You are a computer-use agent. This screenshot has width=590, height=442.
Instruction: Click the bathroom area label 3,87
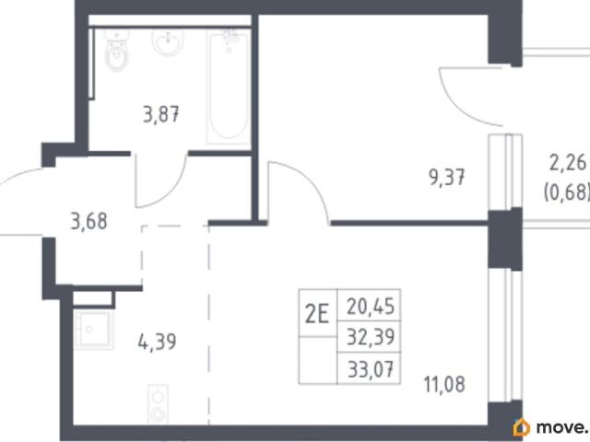coord(161,114)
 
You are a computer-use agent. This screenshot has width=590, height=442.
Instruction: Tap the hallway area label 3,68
coord(88,221)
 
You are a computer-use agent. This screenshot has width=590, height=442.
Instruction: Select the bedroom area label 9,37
coord(446,177)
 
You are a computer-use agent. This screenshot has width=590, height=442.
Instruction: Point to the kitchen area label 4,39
coord(157,342)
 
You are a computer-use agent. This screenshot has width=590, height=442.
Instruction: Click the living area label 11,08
coord(444,384)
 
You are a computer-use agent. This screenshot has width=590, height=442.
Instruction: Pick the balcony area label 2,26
coord(568,163)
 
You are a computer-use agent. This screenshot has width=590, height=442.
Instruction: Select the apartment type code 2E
coord(317,314)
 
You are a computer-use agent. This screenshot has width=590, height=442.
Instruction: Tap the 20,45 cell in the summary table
coord(371,306)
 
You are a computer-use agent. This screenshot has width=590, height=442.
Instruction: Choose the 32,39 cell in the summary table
coord(371,336)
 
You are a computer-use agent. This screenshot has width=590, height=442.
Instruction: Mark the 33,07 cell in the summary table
coord(371,368)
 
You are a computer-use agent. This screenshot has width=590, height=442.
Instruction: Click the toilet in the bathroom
coord(117,52)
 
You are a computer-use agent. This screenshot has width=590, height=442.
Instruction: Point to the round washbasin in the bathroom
coord(168,41)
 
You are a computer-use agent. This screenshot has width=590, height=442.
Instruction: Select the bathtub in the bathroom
coord(229,87)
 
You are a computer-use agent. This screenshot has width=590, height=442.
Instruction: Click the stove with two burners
coord(158,404)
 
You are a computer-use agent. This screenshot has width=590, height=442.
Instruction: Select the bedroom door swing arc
coord(311,180)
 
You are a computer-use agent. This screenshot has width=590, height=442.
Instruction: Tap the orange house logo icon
coord(522,427)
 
